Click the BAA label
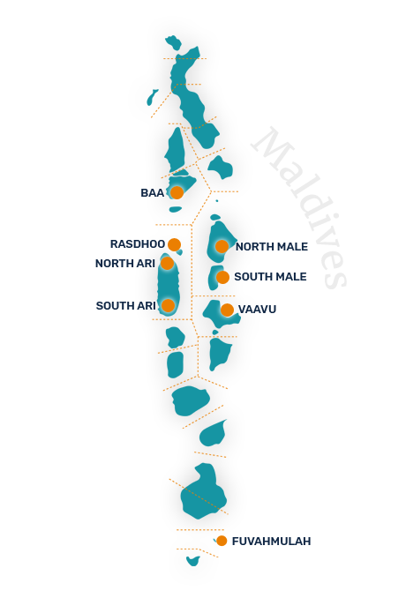pyautogui.click(x=152, y=193)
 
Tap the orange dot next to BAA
pyautogui.click(x=177, y=192)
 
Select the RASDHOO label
pyautogui.click(x=138, y=244)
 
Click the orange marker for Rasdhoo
pyautogui.click(x=174, y=244)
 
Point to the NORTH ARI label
pyautogui.click(x=125, y=264)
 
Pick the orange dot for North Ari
pyautogui.click(x=167, y=263)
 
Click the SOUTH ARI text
pyautogui.click(x=126, y=306)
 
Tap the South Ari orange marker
pyautogui.click(x=168, y=305)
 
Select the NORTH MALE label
pyautogui.click(x=272, y=247)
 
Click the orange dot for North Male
pyautogui.click(x=222, y=246)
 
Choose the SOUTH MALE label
pyautogui.click(x=271, y=276)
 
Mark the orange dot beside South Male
pyautogui.click(x=222, y=277)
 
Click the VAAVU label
pyautogui.click(x=257, y=310)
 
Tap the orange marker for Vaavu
pyautogui.click(x=227, y=310)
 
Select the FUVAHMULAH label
pyautogui.click(x=271, y=542)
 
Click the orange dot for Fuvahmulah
pyautogui.click(x=222, y=541)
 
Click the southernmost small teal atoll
pyautogui.click(x=193, y=561)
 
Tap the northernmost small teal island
pyautogui.click(x=173, y=41)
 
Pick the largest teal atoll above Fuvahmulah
pyautogui.click(x=203, y=491)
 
